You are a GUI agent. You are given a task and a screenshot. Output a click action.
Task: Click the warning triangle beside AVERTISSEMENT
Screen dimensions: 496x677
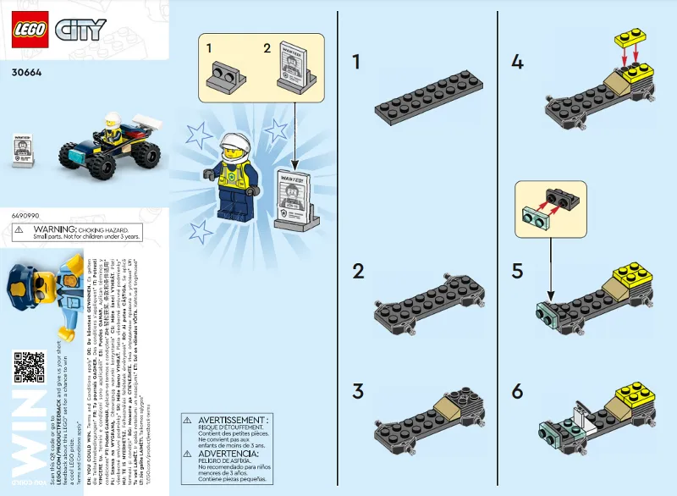coord(190,421)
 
